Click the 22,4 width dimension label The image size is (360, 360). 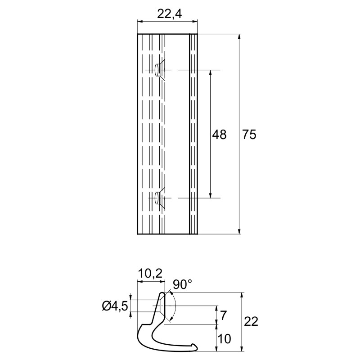170,14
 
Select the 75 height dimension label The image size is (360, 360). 249,135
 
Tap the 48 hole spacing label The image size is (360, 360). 219,135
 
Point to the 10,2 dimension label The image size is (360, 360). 150,274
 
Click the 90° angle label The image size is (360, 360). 182,284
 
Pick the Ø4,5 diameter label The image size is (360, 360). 115,306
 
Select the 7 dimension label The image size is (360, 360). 223,315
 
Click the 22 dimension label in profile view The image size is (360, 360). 251,321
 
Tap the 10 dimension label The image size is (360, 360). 224,339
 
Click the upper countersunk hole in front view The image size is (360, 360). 160,70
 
